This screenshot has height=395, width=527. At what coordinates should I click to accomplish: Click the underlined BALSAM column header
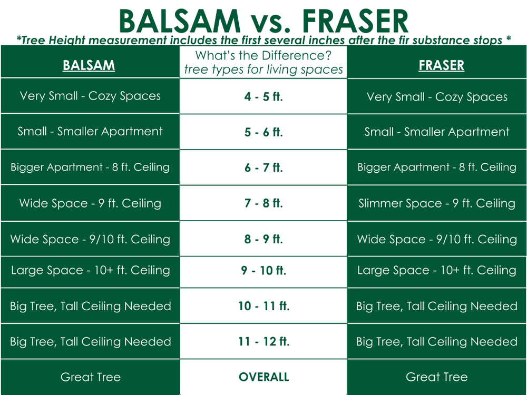(89, 65)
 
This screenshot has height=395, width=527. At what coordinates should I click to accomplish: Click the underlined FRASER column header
(441, 65)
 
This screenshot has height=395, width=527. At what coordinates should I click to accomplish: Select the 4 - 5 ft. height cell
(263, 97)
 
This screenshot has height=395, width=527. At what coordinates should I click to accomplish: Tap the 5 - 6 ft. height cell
(263, 132)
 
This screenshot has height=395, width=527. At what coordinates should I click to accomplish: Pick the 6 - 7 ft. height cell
(263, 167)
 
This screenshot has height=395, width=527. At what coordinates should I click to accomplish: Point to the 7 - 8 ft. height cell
(263, 203)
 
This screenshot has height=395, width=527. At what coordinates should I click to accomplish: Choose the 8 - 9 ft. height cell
(263, 239)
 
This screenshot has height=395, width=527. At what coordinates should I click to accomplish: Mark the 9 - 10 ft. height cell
(263, 271)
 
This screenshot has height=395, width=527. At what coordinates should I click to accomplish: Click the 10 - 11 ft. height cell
(263, 306)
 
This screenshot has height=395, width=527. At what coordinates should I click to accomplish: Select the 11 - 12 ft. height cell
(263, 341)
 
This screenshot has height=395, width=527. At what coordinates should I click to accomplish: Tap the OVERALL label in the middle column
(263, 377)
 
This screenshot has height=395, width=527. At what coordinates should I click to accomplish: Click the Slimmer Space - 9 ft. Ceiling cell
(437, 203)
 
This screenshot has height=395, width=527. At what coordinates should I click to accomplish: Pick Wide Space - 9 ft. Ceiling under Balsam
(90, 203)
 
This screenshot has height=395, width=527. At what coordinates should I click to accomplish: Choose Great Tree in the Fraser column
(437, 377)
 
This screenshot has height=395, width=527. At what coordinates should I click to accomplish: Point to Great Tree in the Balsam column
(91, 377)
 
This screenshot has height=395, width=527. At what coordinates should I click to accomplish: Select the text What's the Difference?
(263, 55)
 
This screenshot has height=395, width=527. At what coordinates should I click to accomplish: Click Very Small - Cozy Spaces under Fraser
(437, 97)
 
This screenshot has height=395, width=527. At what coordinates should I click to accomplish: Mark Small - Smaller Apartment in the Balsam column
(90, 132)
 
